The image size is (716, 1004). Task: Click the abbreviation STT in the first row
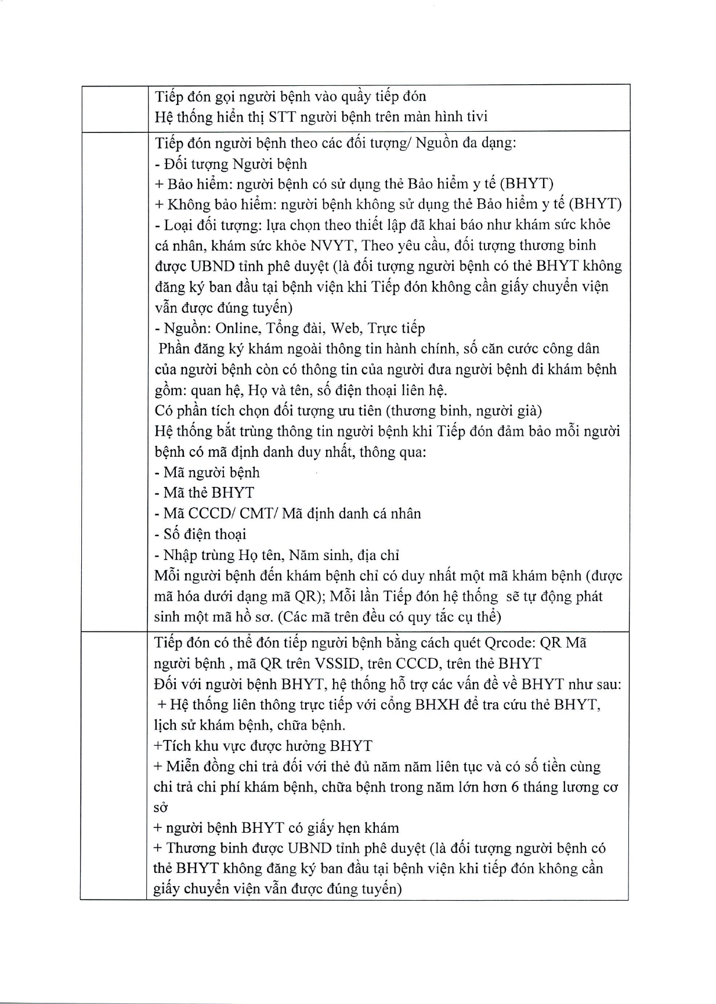(283, 117)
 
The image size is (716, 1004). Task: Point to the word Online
(237, 328)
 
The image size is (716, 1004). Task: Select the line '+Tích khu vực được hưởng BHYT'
(263, 746)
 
